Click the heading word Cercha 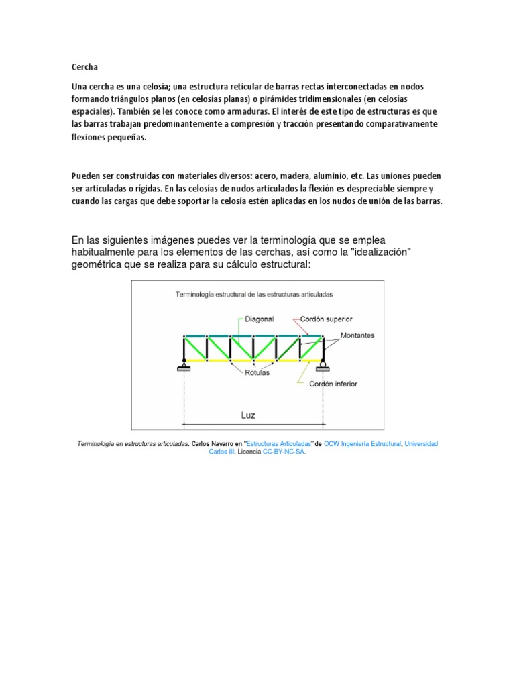(84, 67)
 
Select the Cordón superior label (327, 319)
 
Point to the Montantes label (357, 335)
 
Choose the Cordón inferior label (333, 384)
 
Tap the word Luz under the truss (248, 415)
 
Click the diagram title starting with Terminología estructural (254, 294)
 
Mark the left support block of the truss (184, 367)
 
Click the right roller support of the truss (323, 366)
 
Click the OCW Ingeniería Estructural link (362, 444)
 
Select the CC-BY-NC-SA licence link (284, 452)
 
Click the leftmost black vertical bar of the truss (184, 348)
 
